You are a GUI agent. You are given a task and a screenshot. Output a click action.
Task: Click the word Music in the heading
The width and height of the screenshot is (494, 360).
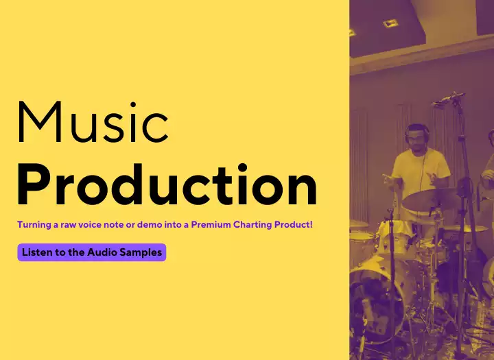pos(93,122)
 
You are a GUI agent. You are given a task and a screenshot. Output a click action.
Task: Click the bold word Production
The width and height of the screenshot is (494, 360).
pos(167,184)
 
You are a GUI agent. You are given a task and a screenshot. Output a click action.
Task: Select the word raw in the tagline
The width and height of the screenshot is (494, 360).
pos(69,225)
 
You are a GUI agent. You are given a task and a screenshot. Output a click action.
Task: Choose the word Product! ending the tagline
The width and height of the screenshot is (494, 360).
pos(294,224)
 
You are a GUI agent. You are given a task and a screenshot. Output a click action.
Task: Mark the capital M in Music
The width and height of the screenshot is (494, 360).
pos(40,122)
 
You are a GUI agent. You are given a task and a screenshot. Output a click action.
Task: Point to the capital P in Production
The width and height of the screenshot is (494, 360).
pos(32,184)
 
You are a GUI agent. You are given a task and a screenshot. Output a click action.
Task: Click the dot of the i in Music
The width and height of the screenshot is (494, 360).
pos(133,104)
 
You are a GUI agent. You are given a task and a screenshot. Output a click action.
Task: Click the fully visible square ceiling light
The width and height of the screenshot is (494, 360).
pos(390,23)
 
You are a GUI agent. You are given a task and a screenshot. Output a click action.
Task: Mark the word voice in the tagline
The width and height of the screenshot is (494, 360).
pos(90,225)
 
